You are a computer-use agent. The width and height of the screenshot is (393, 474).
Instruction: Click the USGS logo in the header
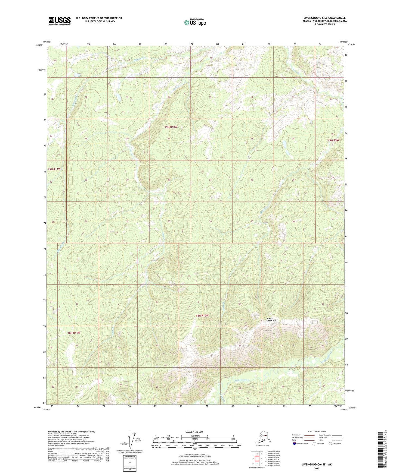[59, 21]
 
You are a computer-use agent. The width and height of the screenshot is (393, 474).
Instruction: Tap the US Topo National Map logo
[195, 22]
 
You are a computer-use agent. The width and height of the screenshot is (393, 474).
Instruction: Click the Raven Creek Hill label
[271, 320]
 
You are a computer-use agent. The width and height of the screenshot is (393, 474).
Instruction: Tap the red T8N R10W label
[202, 315]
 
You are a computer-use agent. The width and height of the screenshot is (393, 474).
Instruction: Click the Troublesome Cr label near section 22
[242, 380]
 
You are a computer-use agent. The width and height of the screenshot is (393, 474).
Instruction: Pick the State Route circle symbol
[330, 444]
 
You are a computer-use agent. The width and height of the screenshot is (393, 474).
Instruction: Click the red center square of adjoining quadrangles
[257, 459]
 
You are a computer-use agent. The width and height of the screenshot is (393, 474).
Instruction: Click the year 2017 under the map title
[316, 469]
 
